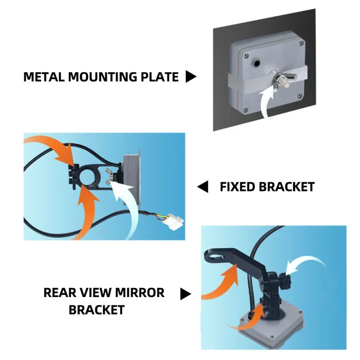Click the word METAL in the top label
[44, 76]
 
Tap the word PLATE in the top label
[159, 76]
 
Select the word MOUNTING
[102, 76]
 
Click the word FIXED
[237, 187]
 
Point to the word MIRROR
[139, 292]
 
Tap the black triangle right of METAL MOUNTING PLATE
[191, 76]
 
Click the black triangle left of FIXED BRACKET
[202, 186]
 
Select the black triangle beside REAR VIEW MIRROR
[185, 294]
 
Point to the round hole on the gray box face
[256, 62]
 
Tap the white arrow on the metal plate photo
[266, 101]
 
